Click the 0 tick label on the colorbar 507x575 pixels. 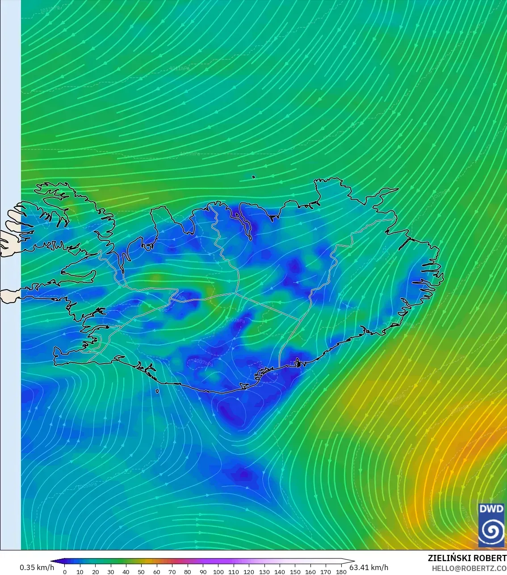click(x=65, y=571)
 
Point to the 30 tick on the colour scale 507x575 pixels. click(x=111, y=571)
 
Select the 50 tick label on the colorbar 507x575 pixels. click(x=142, y=571)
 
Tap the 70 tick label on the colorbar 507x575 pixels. click(x=172, y=571)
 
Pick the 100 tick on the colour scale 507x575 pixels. click(x=218, y=571)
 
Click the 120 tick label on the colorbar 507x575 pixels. click(x=249, y=571)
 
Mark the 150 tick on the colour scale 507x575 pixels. click(x=295, y=571)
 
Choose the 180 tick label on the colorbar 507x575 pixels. click(x=341, y=571)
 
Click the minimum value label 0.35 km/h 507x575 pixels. click(x=37, y=567)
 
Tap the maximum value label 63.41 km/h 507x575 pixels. click(x=369, y=567)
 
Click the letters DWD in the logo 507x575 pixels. click(x=491, y=509)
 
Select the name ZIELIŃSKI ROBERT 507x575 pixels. click(x=467, y=558)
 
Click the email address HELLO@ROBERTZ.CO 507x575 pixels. click(x=469, y=568)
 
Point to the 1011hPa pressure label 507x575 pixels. click(x=180, y=68)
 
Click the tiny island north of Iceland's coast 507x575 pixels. click(x=253, y=177)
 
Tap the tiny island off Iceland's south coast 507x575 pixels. click(x=157, y=391)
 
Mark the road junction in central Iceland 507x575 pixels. click(x=235, y=293)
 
